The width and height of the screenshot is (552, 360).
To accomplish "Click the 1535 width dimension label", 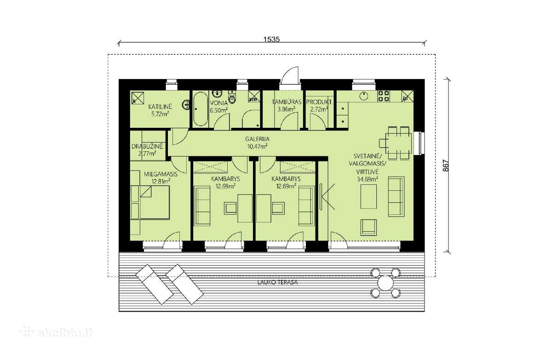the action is (x=271, y=40).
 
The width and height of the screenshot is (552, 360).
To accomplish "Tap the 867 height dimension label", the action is (x=446, y=166).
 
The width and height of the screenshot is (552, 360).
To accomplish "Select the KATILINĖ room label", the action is (x=160, y=107).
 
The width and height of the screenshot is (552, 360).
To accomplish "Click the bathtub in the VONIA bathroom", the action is (x=201, y=109).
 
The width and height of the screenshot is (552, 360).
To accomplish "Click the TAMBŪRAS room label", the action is (x=286, y=102).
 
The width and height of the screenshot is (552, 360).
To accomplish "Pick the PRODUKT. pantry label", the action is (x=319, y=102).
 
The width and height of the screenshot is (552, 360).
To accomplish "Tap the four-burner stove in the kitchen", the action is (x=384, y=96).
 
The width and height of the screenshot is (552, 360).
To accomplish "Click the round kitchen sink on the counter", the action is (x=364, y=96).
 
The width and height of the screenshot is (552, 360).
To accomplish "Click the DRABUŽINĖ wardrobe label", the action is (x=147, y=147).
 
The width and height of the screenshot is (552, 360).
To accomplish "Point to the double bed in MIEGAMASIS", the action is (x=155, y=202).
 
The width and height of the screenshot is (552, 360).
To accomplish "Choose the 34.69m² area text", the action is (x=368, y=179).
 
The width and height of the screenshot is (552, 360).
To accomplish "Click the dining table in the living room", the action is (x=398, y=143).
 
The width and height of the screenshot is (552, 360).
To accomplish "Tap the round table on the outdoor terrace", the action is (x=385, y=283).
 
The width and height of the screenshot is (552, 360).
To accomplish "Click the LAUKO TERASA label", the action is (x=277, y=282).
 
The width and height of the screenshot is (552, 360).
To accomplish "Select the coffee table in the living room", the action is (x=368, y=197).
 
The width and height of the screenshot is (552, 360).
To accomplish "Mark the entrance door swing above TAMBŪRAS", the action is (x=290, y=75).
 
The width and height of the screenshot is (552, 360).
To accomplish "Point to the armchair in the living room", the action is (x=368, y=227).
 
